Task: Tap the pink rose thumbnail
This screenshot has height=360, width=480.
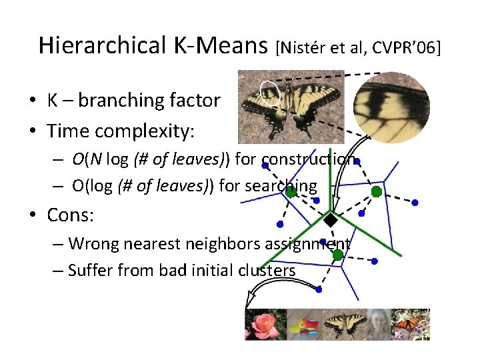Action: [x=264, y=325]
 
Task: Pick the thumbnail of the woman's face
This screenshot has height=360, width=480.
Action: [x=378, y=325]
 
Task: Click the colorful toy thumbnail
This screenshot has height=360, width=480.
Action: [x=304, y=325]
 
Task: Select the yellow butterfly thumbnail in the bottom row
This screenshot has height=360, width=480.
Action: [x=344, y=325]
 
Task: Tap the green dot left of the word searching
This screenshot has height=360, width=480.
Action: [x=291, y=193]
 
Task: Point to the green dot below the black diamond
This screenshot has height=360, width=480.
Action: [x=337, y=255]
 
